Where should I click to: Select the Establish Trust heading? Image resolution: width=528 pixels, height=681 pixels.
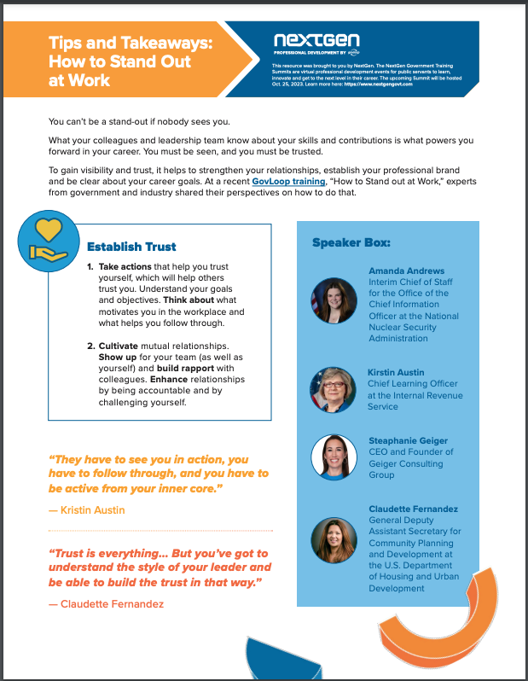(x=131, y=247)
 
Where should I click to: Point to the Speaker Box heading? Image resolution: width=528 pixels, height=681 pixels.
(x=351, y=243)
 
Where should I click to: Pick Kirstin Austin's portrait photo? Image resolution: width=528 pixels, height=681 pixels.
(x=332, y=389)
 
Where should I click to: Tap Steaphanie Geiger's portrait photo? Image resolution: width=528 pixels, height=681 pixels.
(x=332, y=457)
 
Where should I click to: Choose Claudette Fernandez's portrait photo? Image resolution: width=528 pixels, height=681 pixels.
(x=332, y=541)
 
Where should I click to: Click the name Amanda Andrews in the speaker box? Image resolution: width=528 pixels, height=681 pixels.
(x=406, y=271)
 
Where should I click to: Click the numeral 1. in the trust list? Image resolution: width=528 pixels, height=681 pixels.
(x=90, y=267)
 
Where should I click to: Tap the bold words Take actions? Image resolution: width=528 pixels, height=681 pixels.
(x=129, y=267)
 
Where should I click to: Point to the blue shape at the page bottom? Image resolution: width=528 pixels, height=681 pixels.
(x=273, y=661)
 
